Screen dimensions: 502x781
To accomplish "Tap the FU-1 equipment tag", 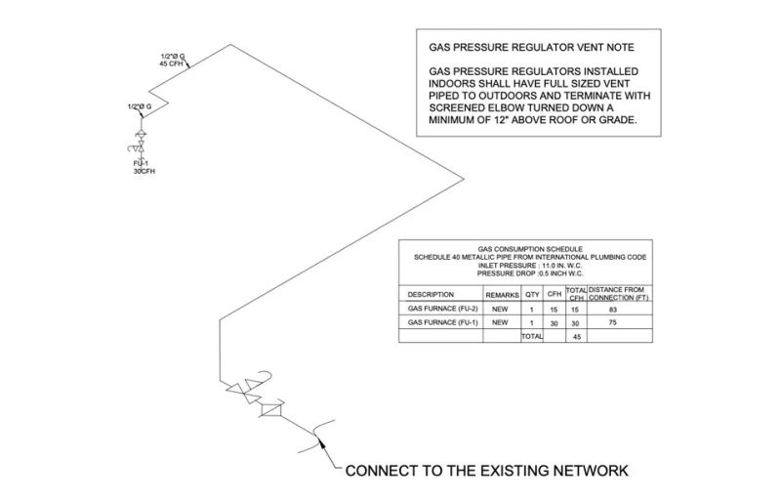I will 141,163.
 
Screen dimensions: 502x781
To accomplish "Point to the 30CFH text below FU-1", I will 144,171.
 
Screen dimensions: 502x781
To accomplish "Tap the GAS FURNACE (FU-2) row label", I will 441,309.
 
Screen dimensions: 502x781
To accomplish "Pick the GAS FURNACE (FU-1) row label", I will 441,322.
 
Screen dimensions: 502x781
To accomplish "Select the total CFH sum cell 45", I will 576,336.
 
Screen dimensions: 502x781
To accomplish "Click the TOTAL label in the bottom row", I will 531,336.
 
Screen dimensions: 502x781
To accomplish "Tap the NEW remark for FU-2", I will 500,309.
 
